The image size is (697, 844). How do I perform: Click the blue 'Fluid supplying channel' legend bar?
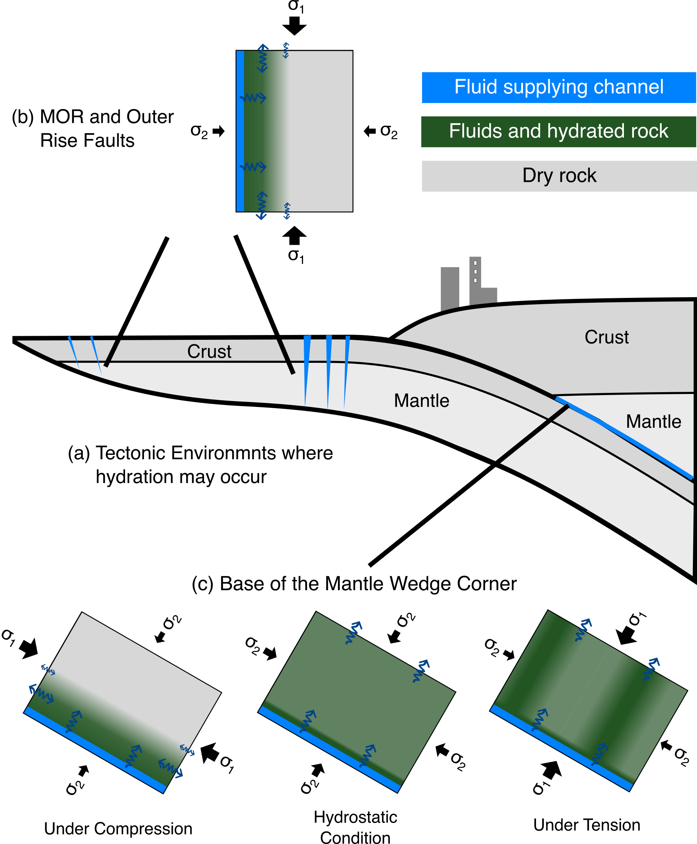[x=559, y=88]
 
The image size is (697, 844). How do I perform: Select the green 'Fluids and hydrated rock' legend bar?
[x=559, y=132]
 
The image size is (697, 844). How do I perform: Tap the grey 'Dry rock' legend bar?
[x=559, y=176]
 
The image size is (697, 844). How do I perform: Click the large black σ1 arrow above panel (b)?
[x=294, y=25]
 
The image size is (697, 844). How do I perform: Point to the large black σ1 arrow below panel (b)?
[x=294, y=236]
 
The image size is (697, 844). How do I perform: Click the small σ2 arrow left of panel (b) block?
[x=219, y=131]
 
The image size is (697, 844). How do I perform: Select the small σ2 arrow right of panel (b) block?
[x=369, y=131]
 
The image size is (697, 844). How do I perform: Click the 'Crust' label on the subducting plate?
[x=209, y=351]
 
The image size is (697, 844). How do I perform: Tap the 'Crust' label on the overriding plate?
[x=606, y=337]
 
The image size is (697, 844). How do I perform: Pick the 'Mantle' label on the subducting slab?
[x=421, y=401]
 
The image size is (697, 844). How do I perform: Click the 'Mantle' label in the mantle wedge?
[x=653, y=421]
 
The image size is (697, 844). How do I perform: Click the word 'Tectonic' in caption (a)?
[x=131, y=453]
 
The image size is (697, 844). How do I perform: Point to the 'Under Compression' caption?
[x=118, y=828]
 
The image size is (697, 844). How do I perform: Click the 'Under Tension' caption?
[x=586, y=825]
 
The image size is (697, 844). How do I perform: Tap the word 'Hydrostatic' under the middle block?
[x=355, y=817]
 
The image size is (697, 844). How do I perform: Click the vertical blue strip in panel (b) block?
[x=240, y=131]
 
